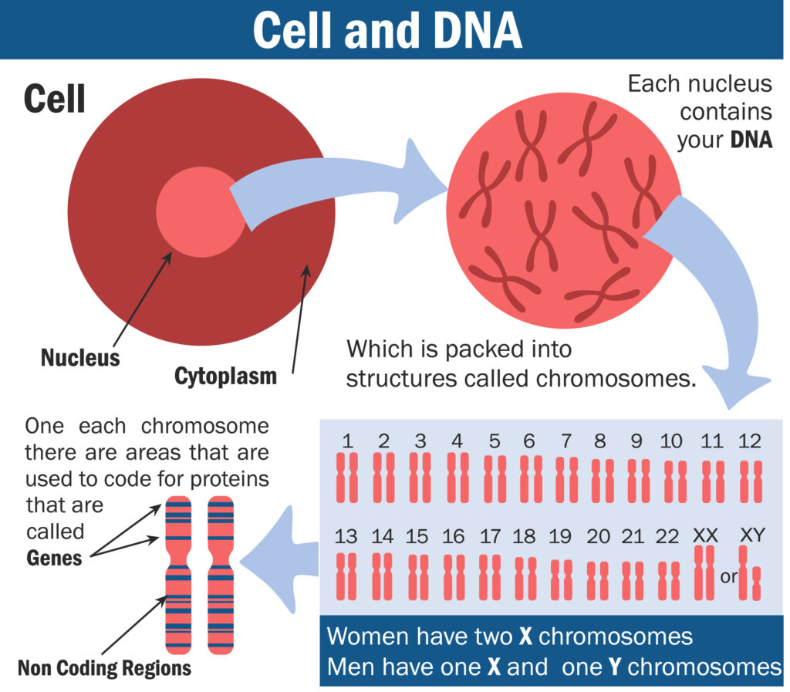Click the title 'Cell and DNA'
(387, 30)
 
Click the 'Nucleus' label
(80, 358)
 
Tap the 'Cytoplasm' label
(225, 376)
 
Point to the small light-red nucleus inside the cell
(201, 212)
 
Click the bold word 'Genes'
(54, 558)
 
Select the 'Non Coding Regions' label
(104, 668)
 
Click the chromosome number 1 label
(347, 441)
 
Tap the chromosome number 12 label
(749, 441)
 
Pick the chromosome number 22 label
(667, 536)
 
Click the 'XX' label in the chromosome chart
(705, 535)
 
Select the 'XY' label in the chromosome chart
(752, 535)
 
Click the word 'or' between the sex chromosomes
(728, 577)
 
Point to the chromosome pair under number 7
(567, 480)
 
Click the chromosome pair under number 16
(454, 577)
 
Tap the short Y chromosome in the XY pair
(756, 583)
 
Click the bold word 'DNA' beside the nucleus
(751, 140)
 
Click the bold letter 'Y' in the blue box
(614, 667)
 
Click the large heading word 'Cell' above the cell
(55, 99)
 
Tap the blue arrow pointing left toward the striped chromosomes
(279, 560)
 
